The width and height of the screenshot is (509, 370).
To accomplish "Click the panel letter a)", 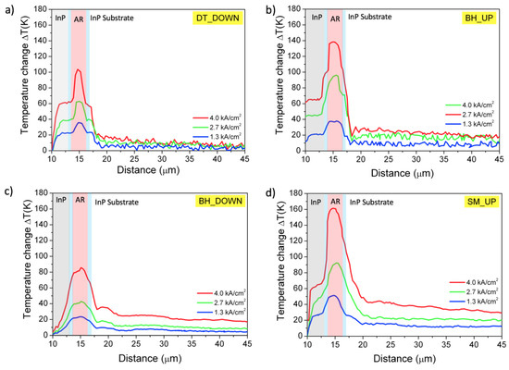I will [x=9, y=9].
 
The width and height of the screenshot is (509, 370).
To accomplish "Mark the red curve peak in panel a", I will [x=79, y=69].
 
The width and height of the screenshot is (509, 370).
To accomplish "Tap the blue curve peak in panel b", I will [x=335, y=121].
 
